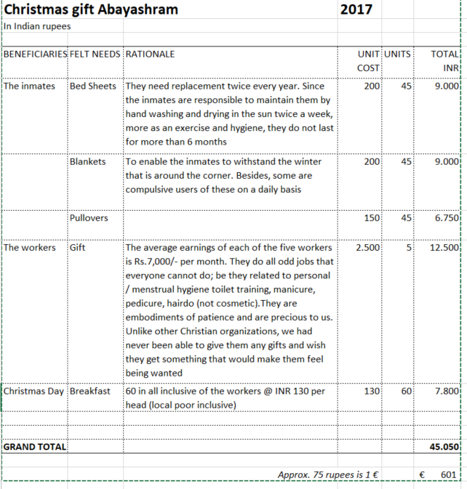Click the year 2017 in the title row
point(356,9)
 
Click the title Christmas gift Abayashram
point(91,9)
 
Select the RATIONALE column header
point(151,54)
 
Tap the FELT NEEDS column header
point(95,54)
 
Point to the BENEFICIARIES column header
point(34,54)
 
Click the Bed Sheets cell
point(92,86)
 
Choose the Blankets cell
point(87,161)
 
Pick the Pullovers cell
point(89,218)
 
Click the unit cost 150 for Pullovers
point(372,218)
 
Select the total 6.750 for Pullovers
point(446,218)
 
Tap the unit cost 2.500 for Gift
point(367,248)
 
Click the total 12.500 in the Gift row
point(444,248)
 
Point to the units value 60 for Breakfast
point(405,391)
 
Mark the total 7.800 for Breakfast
point(446,391)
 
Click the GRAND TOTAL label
point(34,446)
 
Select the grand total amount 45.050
point(444,446)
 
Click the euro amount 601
point(449,474)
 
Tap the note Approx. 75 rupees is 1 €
point(331,474)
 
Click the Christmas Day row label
point(34,391)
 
